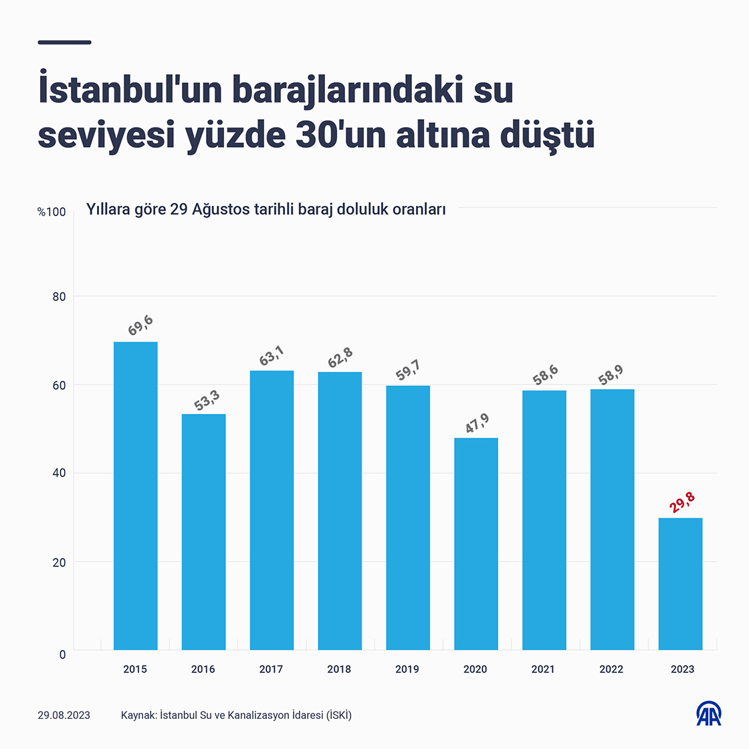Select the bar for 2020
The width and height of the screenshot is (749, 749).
475,543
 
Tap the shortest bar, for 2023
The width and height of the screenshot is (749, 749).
680,583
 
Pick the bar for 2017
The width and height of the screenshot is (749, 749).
272,510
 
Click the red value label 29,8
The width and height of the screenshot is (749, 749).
682,503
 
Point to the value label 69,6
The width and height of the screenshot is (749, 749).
140,326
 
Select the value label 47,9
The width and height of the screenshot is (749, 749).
477,423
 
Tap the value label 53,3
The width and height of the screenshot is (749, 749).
207,399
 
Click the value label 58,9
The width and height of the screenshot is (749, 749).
611,375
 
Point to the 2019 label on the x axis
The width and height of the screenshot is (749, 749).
407,669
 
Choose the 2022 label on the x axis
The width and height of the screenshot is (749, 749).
611,669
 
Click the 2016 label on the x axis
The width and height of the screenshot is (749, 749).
203,669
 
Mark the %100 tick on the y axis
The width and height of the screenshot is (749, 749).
51,212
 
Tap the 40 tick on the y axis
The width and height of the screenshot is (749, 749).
60,473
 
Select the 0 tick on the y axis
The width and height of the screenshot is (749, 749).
62,654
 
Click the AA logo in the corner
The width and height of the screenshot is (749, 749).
709,714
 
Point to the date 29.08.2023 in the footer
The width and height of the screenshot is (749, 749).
64,716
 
